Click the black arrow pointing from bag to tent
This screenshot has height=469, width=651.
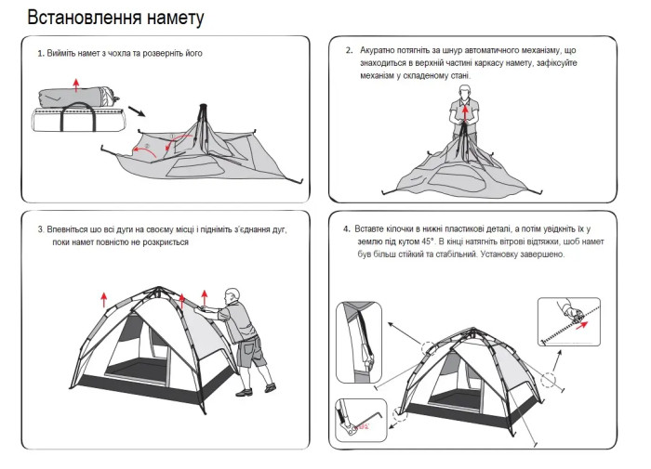pos(136,111)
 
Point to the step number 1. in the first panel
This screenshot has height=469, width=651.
pos(41,54)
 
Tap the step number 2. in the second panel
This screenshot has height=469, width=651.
pos(349,50)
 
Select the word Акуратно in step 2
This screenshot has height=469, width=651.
pos(378,50)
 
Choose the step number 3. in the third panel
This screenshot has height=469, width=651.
pos(41,228)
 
